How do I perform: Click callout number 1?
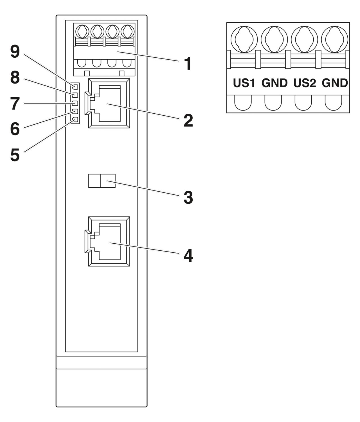coord(188,64)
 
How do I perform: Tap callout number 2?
coord(188,121)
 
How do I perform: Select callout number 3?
coord(188,197)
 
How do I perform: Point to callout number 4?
coord(188,256)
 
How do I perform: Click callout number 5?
coord(15,155)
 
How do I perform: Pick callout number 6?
coord(15,129)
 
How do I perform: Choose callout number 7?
coord(15,104)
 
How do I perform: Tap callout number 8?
coord(15,78)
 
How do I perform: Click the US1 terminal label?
coord(244,83)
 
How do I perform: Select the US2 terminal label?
coord(305,83)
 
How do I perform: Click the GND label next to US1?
coord(274,83)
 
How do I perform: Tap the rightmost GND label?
coord(335,83)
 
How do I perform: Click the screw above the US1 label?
coord(244,39)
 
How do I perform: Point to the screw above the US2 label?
coord(304,39)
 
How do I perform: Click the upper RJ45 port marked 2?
coord(109,104)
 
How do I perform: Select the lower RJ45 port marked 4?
coord(109,241)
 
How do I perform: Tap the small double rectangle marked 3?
coord(102,181)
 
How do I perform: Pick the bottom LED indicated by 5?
coord(75,120)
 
